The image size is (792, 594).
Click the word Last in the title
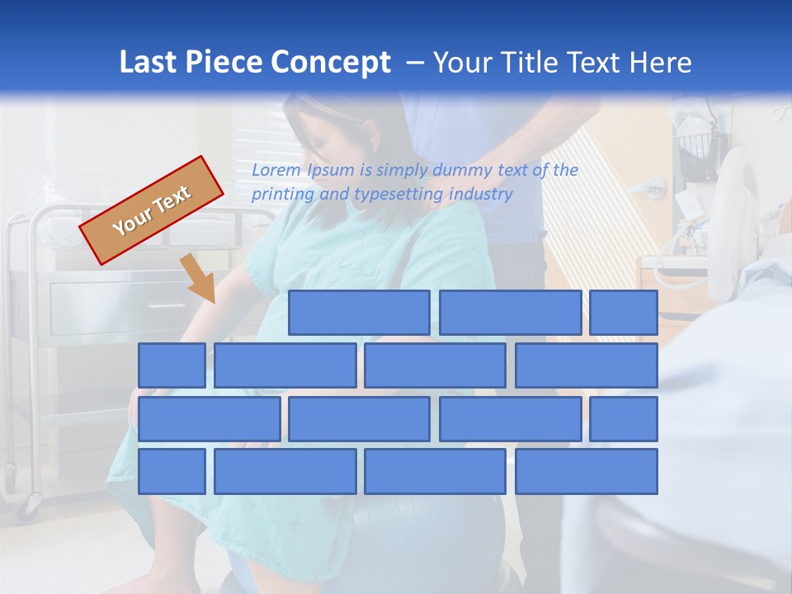[x=148, y=63]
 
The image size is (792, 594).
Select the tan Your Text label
[x=152, y=210]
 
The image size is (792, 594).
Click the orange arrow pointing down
[x=200, y=279]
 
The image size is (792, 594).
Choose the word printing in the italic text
[x=282, y=195]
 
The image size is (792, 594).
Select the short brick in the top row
[x=624, y=313]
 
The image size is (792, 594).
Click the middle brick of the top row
[x=510, y=313]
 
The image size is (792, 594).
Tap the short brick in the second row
[x=172, y=365]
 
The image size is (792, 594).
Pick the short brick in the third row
[x=624, y=419]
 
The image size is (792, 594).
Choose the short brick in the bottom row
[x=172, y=472]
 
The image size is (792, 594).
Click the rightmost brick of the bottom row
[x=587, y=472]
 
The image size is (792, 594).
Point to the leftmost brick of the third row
[x=209, y=419]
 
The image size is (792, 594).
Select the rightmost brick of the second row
[x=587, y=365]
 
